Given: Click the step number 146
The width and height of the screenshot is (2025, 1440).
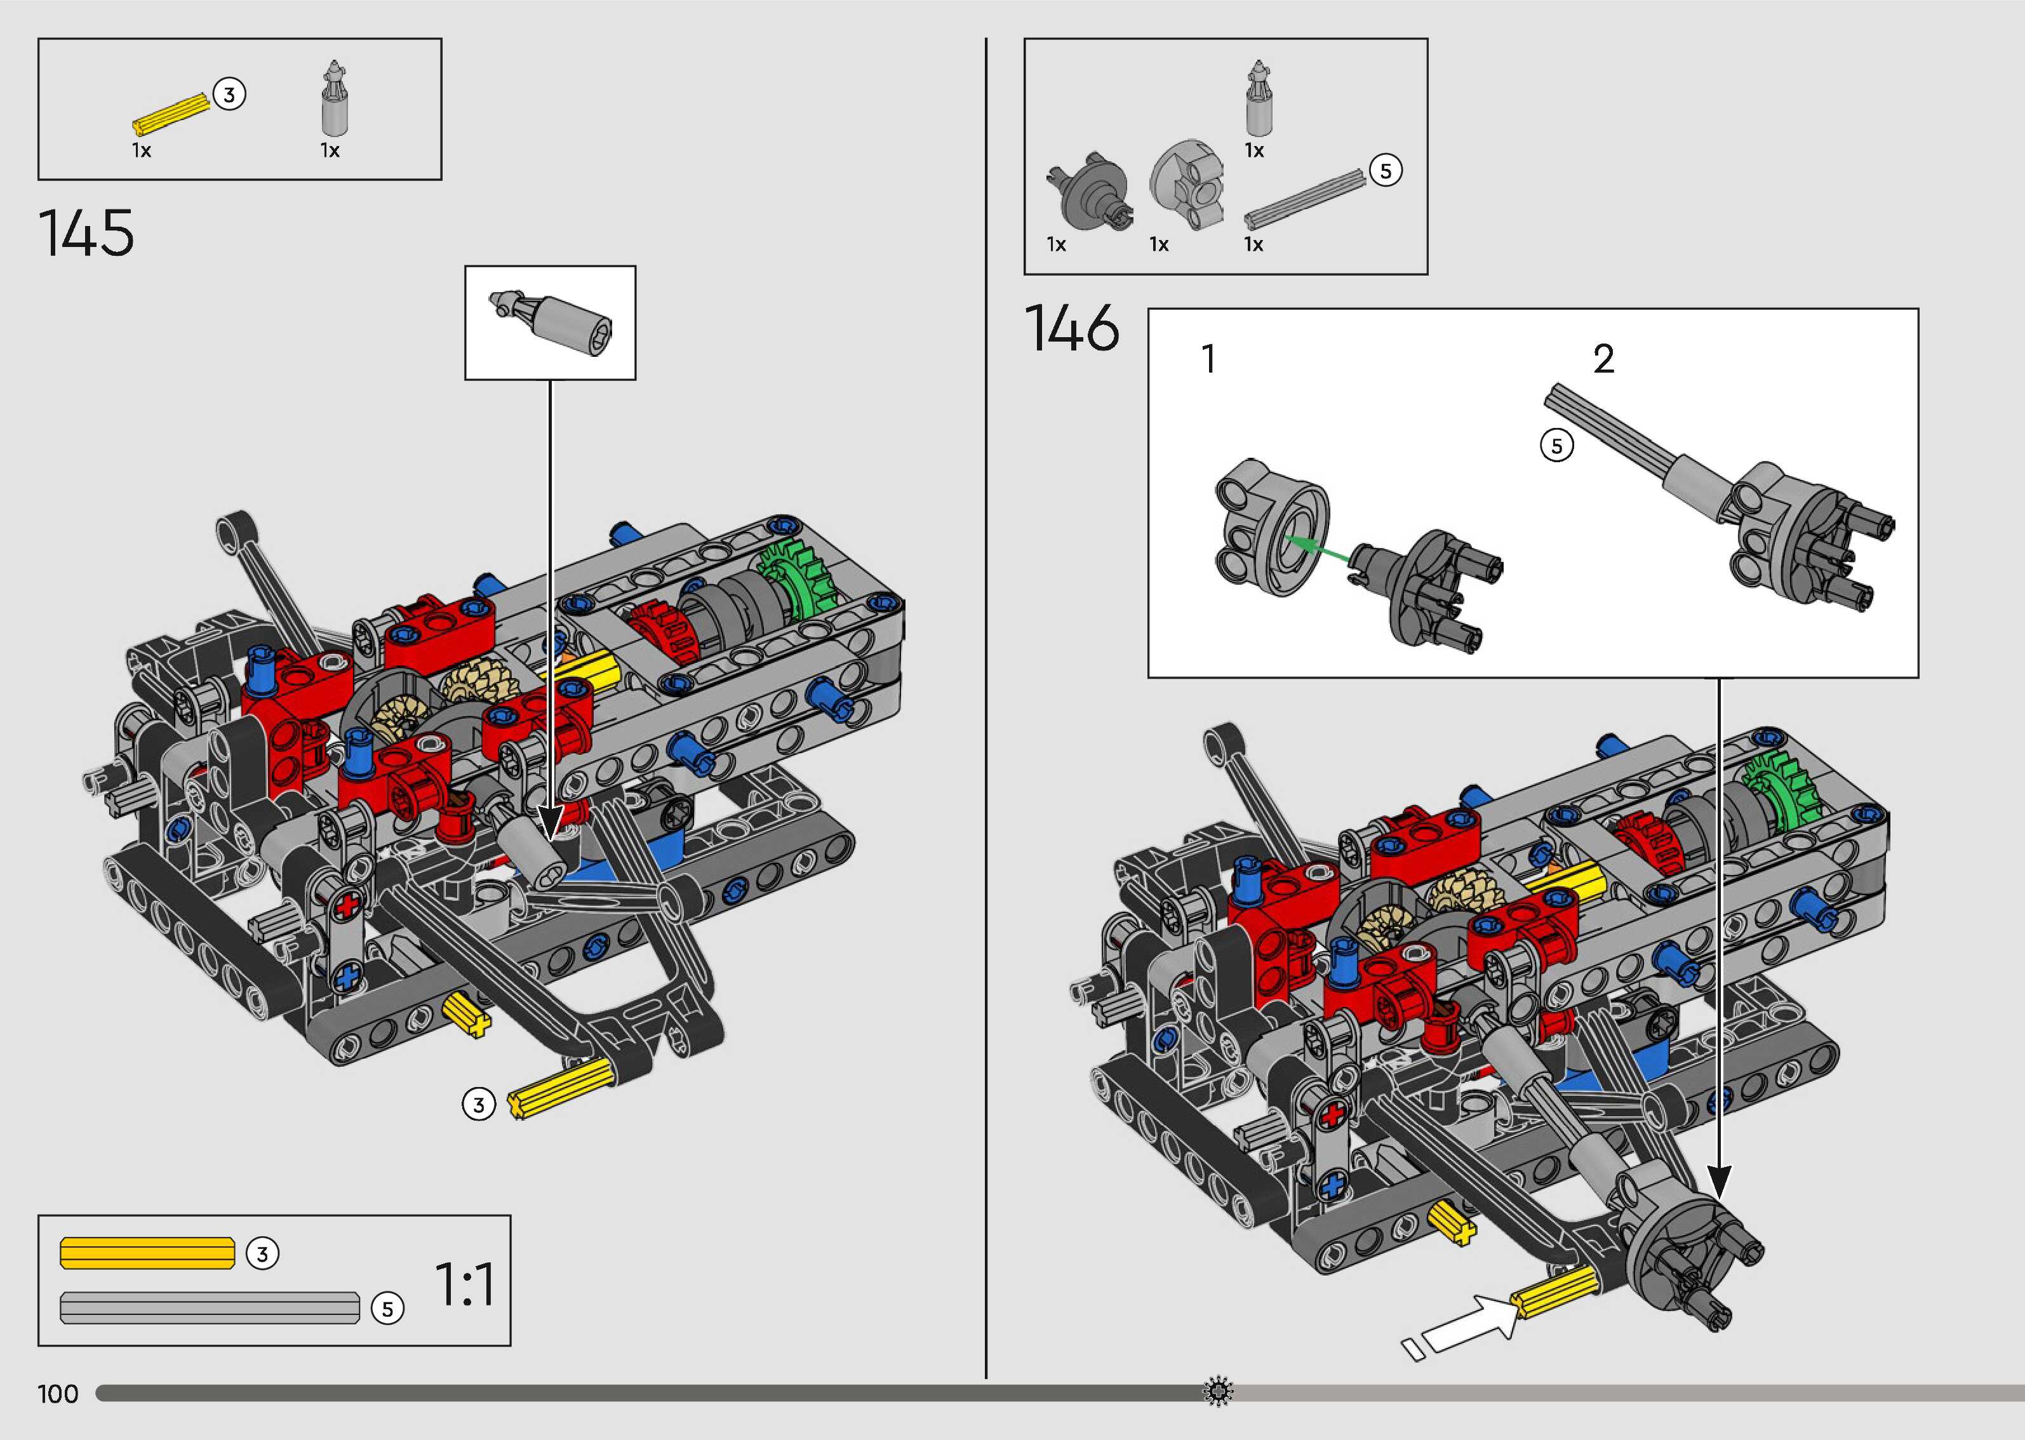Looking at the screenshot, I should [x=1072, y=328].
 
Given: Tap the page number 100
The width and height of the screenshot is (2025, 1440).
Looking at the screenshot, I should [x=58, y=1394].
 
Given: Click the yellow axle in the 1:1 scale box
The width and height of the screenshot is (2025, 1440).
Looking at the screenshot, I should [x=147, y=1253].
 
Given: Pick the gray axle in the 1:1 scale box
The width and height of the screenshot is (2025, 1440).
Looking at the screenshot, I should [x=210, y=1308].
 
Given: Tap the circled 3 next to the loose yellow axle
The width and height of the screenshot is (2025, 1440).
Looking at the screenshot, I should [x=479, y=1105].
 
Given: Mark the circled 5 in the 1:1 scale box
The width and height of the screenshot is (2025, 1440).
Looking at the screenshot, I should [x=387, y=1309].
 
